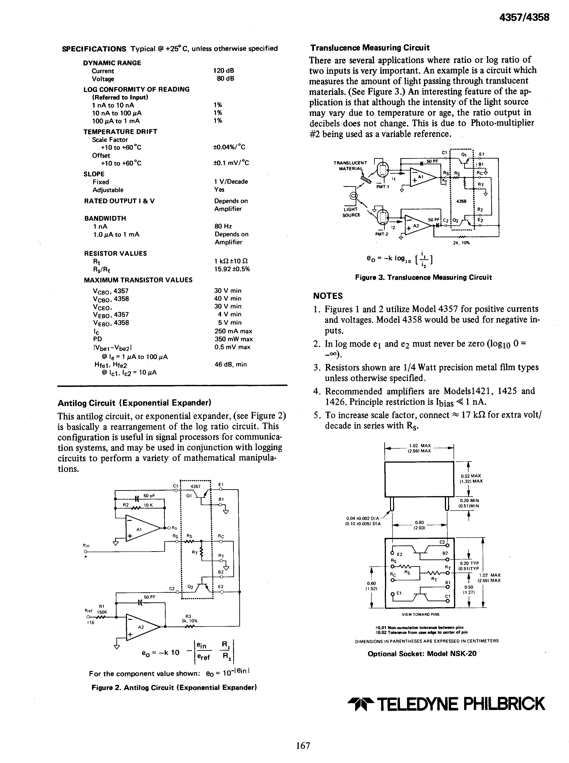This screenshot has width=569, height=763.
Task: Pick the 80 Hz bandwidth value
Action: coord(223,226)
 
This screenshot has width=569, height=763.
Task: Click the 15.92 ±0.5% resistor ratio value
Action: coord(232,269)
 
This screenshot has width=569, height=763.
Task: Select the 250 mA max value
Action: coord(233,331)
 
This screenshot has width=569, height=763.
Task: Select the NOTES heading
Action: coord(328,296)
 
